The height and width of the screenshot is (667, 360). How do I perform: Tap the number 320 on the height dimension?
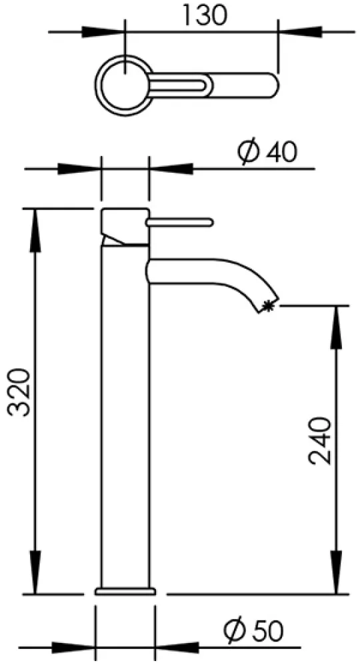tap(20, 392)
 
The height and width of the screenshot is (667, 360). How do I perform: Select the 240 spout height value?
tap(319, 441)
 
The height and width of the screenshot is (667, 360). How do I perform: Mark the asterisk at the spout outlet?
tap(268, 305)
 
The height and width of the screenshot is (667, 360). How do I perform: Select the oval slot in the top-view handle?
tap(179, 86)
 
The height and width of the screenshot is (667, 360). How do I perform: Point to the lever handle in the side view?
tap(179, 221)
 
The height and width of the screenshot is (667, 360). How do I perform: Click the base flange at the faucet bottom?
tap(125, 591)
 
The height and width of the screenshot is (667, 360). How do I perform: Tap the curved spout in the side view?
tap(213, 271)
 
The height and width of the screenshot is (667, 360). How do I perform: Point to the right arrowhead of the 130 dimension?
tap(299, 31)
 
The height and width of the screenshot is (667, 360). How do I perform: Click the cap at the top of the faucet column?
tap(125, 227)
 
